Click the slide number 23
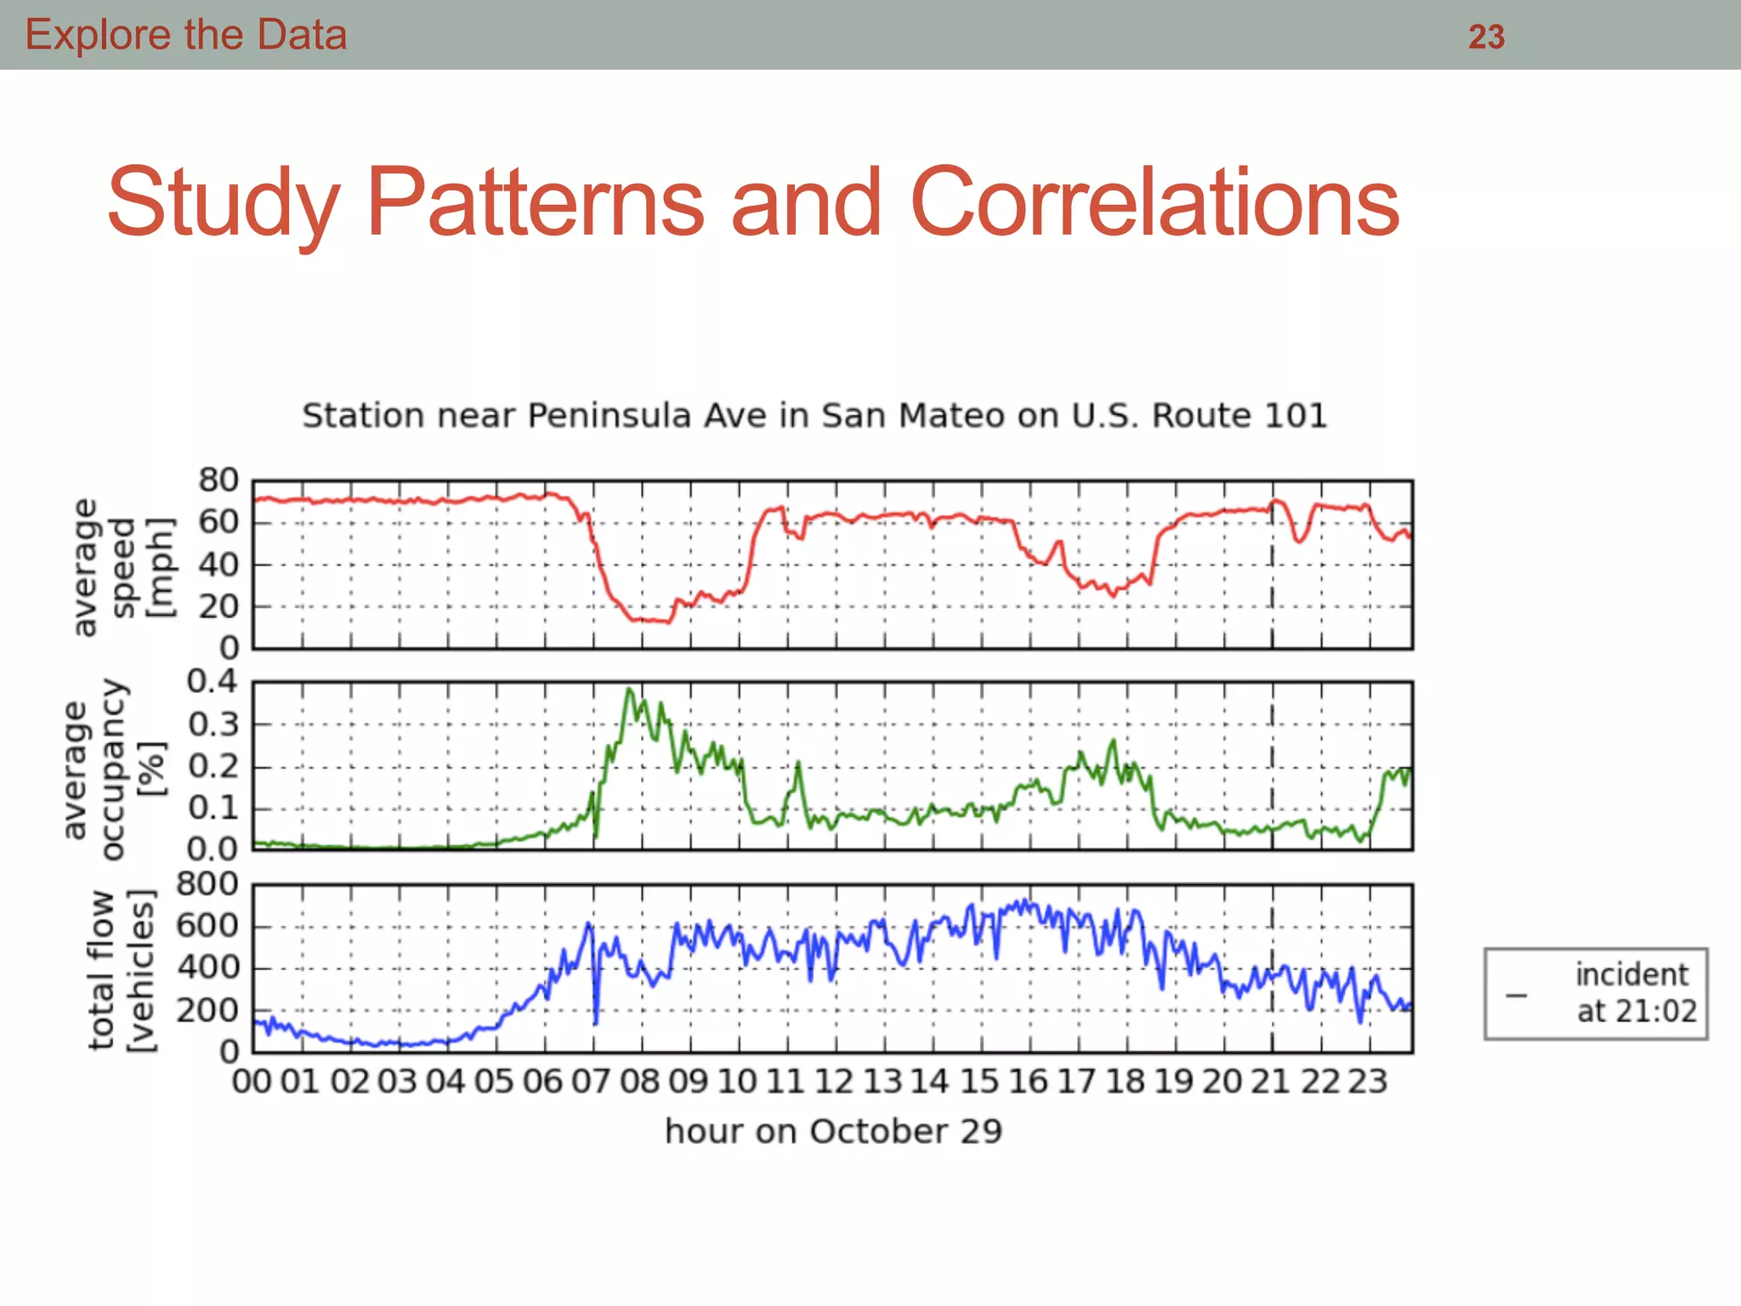tap(1486, 37)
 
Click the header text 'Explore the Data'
tap(185, 35)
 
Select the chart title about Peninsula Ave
tap(814, 416)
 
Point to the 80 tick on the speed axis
tap(218, 480)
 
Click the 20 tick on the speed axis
tap(218, 607)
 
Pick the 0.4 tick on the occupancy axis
tap(212, 681)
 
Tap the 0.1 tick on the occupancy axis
tap(212, 808)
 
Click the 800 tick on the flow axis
tap(207, 884)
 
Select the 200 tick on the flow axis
tap(207, 1011)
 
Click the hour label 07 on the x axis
tap(591, 1082)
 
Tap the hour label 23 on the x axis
tap(1367, 1082)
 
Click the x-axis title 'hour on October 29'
tap(833, 1132)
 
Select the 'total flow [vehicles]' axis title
tap(122, 970)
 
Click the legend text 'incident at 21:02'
tap(1635, 993)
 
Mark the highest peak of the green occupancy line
tap(629, 689)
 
